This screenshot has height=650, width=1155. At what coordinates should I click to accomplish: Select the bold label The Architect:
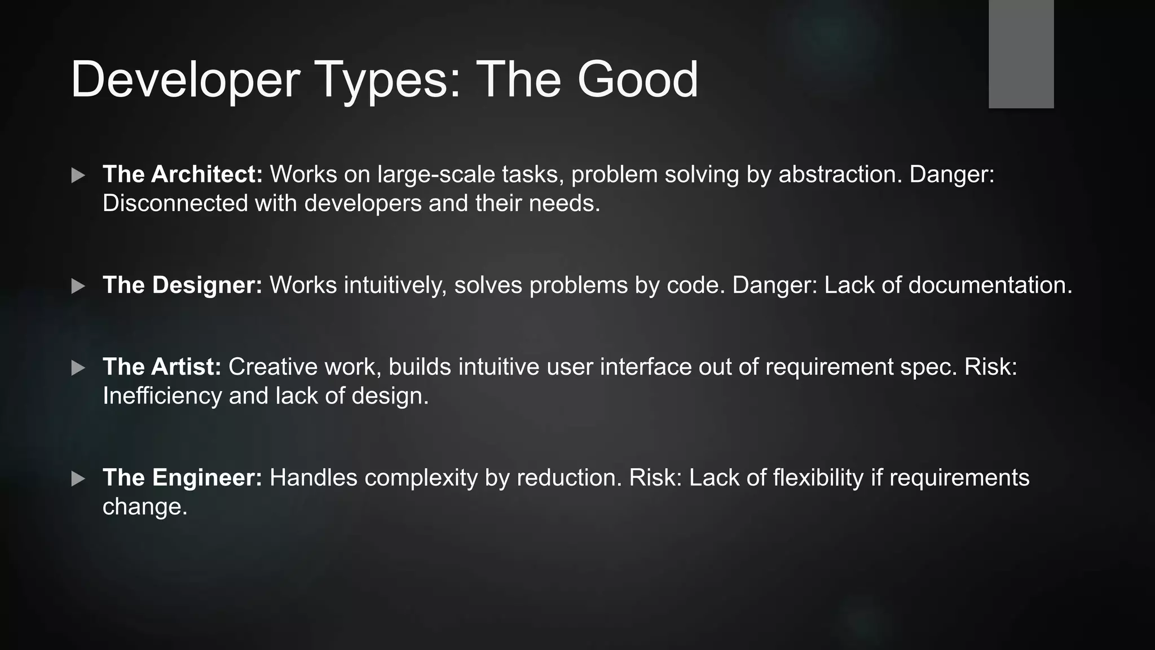183,174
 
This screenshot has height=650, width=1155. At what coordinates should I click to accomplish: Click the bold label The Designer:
182,285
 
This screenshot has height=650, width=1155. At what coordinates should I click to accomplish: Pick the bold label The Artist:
162,367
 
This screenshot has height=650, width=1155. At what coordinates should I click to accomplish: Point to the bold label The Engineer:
182,478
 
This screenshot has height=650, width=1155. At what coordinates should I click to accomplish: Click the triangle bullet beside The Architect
78,175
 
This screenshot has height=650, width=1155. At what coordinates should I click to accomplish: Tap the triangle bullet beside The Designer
78,286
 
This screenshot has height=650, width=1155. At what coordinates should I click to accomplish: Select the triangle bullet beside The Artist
78,368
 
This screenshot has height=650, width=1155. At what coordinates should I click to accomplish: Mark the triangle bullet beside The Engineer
78,479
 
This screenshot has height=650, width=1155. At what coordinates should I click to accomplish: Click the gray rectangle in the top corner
1021,54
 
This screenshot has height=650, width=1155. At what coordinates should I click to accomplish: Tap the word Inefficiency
162,396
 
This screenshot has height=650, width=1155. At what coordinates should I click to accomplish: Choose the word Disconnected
175,203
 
